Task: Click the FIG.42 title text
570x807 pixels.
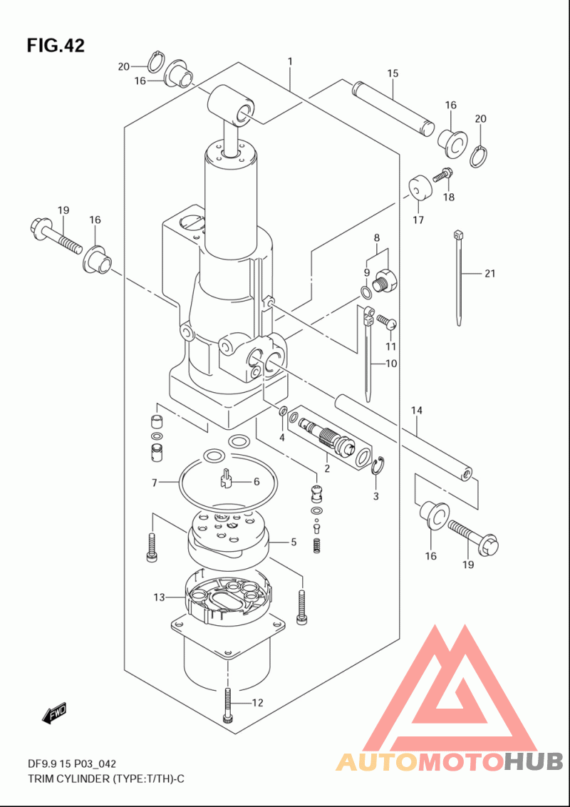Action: [x=56, y=46]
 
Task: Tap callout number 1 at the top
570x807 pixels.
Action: [x=290, y=62]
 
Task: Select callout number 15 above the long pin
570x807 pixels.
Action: [x=393, y=73]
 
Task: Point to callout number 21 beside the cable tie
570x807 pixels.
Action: [x=489, y=273]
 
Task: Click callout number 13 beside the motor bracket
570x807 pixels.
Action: [x=159, y=597]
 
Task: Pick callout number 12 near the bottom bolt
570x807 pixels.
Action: [x=256, y=702]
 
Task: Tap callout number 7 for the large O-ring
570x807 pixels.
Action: [x=154, y=482]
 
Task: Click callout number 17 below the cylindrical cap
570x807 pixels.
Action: [x=418, y=220]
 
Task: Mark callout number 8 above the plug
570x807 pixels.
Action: [x=377, y=238]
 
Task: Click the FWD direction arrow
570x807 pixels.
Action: [x=53, y=714]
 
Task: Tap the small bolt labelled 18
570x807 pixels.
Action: [x=442, y=176]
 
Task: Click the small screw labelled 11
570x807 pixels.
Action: [x=387, y=322]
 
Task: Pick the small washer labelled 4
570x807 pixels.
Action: [x=282, y=411]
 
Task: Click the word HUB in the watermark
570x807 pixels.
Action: [x=532, y=761]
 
